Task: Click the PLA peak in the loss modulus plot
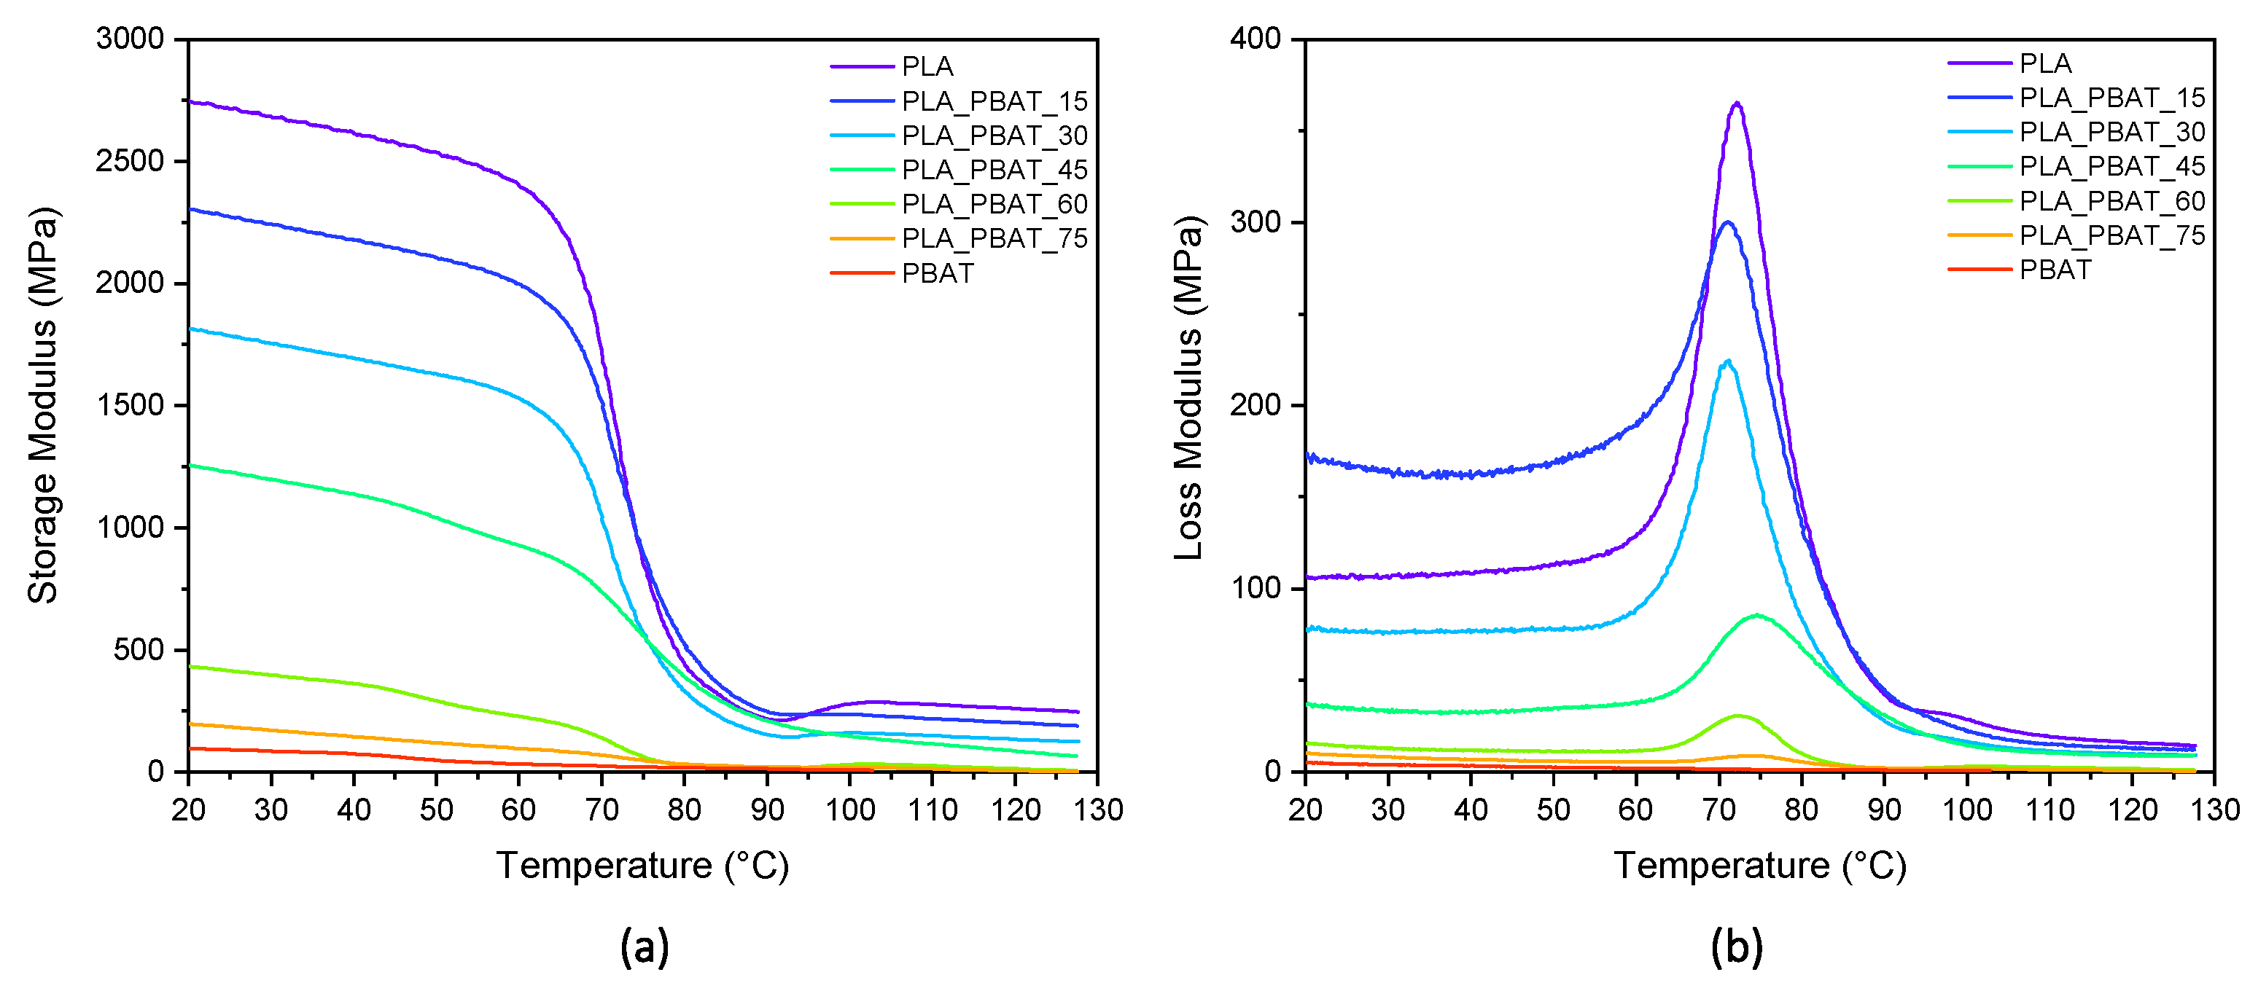coord(1737,104)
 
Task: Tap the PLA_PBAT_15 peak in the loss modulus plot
coord(1727,223)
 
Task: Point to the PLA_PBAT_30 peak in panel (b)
coord(1727,361)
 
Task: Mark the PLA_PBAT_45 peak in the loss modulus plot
coord(1756,616)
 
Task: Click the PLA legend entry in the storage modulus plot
coord(927,66)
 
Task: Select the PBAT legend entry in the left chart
coord(936,273)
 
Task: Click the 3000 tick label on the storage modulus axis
coord(130,39)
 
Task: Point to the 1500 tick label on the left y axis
coord(130,405)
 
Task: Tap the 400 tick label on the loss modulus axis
coord(1255,39)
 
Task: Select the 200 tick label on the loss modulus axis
coord(1255,405)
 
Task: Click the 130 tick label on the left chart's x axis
coord(1098,810)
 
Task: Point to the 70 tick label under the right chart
coord(1719,810)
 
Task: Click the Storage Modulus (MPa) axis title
coord(43,405)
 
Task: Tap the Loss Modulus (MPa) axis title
coord(1188,388)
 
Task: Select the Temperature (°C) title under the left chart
coord(643,866)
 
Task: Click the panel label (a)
coord(645,947)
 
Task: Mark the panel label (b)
coord(1737,947)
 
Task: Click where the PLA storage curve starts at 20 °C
coord(190,102)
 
